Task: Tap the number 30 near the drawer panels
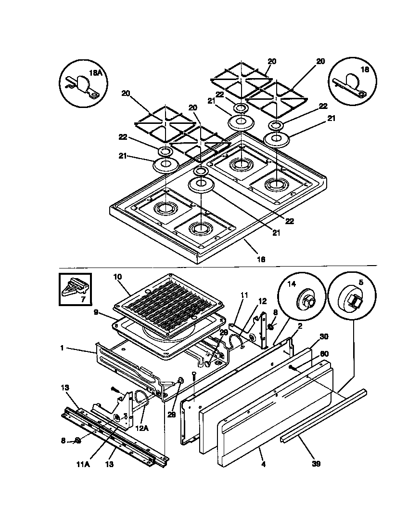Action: click(x=323, y=336)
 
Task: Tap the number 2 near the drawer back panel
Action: click(x=299, y=326)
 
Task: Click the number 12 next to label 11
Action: click(x=262, y=301)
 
